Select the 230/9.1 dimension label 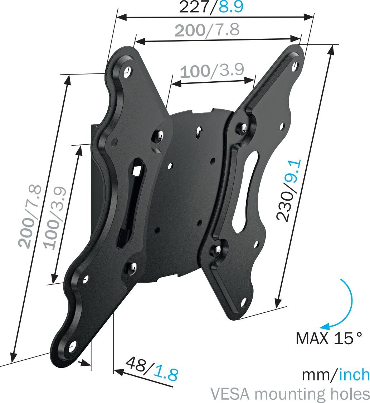tap(289, 190)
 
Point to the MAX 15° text tap(329, 338)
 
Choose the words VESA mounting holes tap(290, 394)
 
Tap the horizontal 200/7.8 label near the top tap(207, 30)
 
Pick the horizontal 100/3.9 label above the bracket tap(212, 70)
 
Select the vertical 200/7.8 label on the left tap(30, 216)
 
